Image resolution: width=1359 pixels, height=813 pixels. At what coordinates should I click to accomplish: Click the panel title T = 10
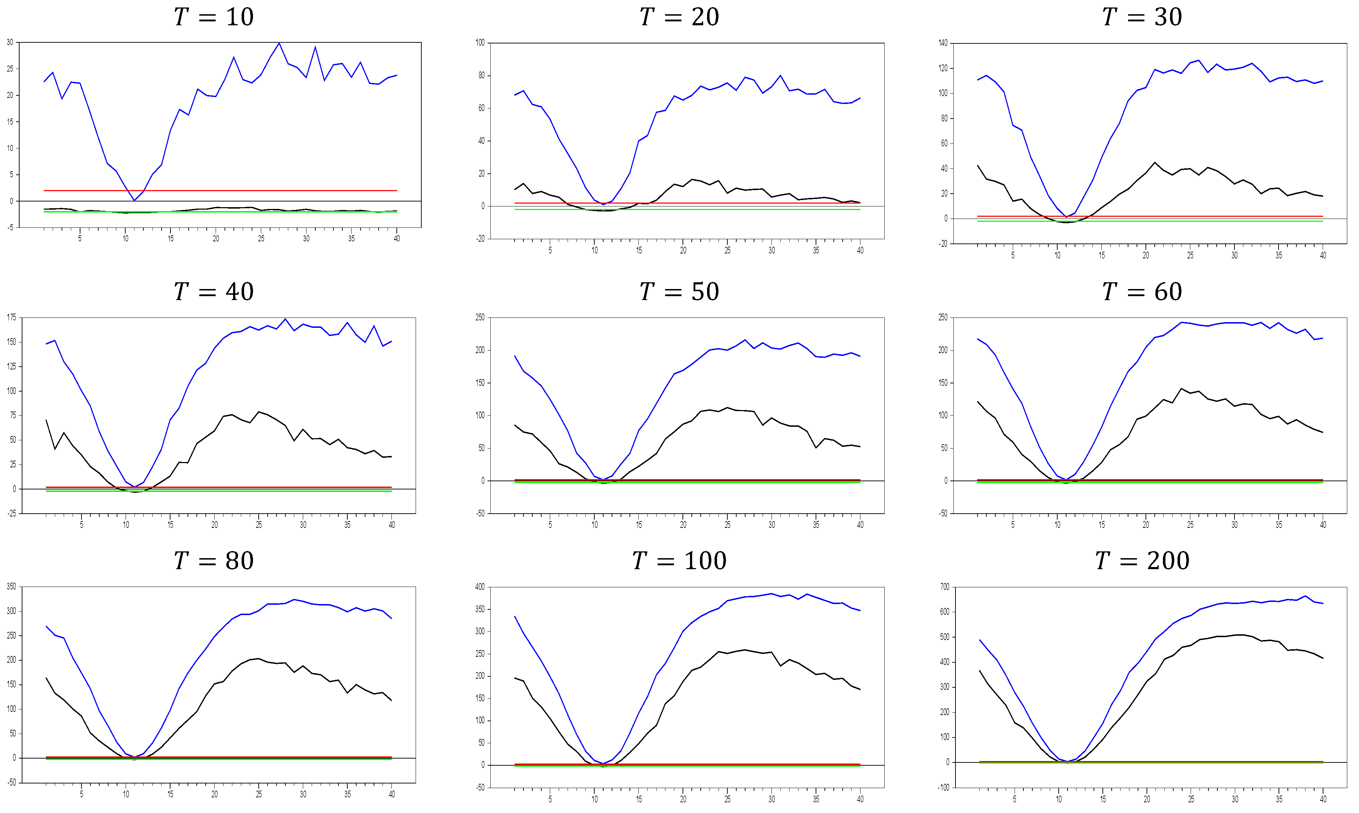(214, 17)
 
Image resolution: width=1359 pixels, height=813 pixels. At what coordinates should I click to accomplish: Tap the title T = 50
(679, 292)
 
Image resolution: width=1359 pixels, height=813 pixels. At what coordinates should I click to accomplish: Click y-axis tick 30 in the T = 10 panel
(10, 42)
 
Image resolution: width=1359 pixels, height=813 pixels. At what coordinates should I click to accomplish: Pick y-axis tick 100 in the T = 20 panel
(480, 43)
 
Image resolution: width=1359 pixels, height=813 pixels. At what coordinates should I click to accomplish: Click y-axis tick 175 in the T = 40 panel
(11, 317)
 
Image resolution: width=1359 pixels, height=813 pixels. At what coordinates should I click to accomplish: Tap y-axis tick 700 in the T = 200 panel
(944, 587)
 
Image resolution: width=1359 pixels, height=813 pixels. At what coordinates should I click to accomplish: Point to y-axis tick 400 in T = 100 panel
(480, 587)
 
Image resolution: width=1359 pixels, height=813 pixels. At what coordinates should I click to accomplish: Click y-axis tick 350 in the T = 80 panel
(11, 587)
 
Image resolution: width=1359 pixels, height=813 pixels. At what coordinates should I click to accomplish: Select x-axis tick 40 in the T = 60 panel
(1323, 525)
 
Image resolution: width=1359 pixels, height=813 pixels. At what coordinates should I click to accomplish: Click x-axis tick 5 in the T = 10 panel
(80, 238)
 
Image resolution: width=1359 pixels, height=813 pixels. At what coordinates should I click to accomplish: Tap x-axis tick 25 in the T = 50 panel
(727, 525)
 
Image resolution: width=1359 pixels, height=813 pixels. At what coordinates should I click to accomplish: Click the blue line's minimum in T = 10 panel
(134, 200)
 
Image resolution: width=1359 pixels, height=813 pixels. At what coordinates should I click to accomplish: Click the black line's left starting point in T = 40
(46, 420)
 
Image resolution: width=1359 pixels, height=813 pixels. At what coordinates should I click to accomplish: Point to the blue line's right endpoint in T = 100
(860, 611)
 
